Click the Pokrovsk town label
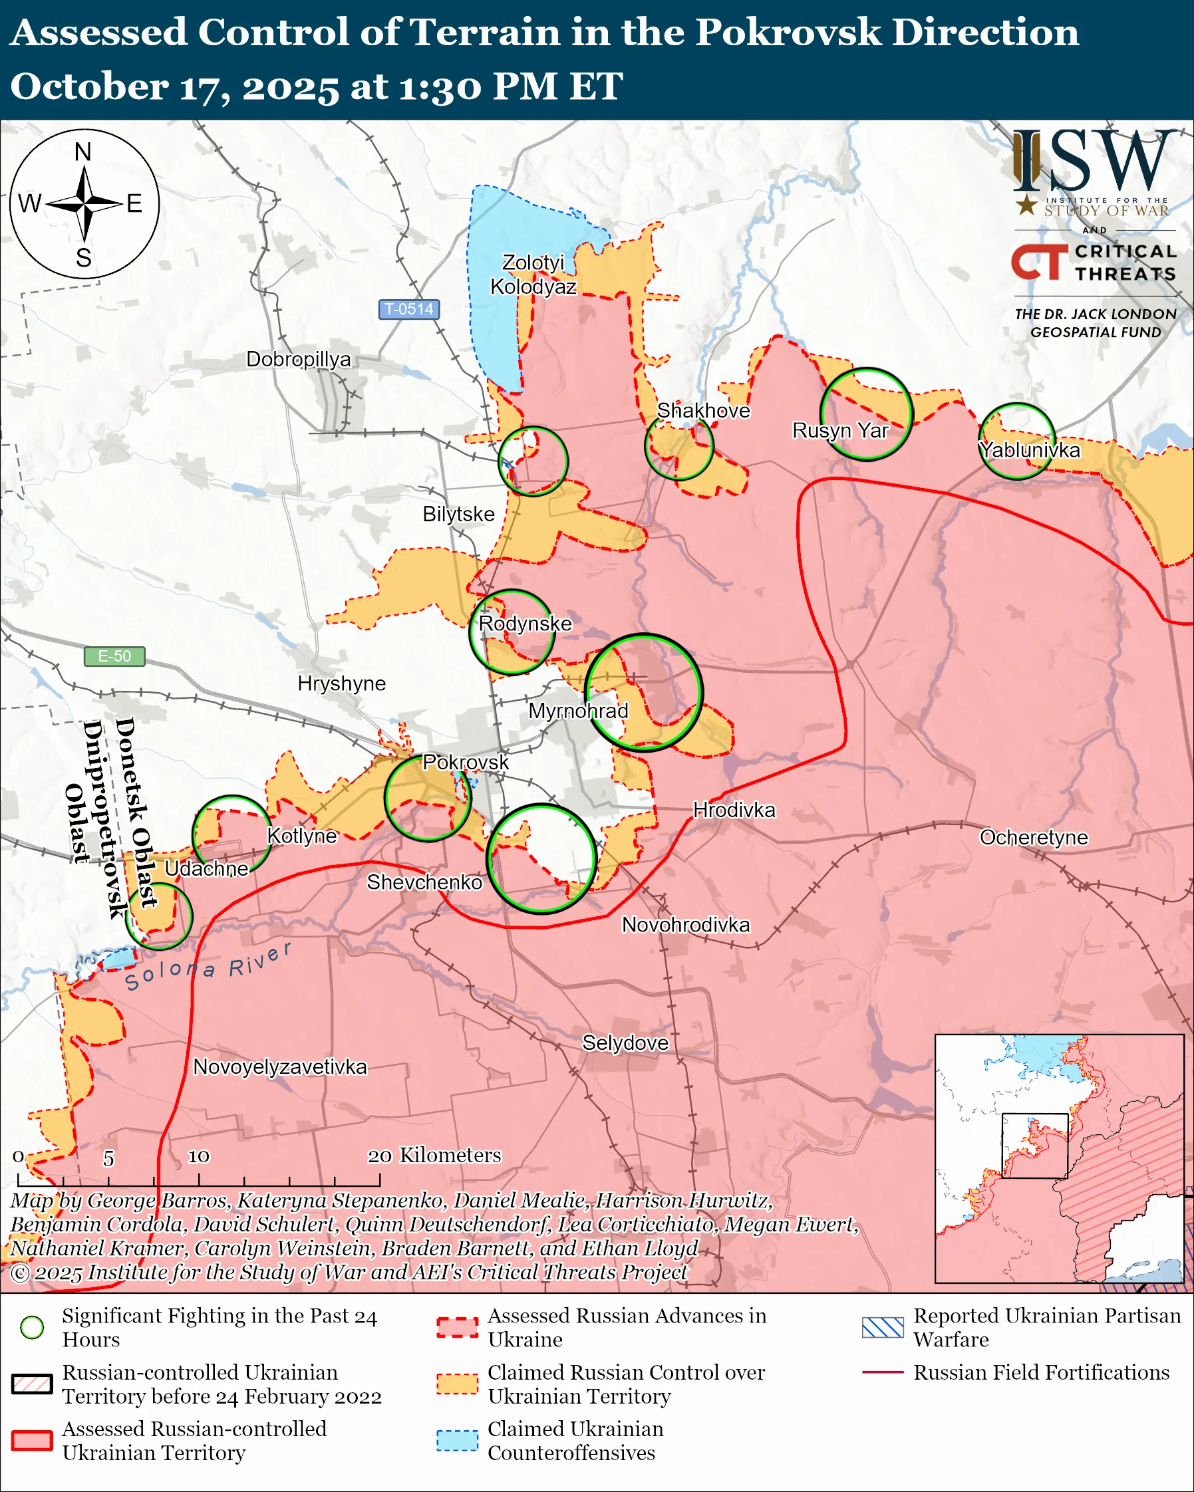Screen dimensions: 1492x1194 [465, 762]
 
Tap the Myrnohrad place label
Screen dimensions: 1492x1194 [578, 711]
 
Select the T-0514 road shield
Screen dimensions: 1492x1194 [408, 309]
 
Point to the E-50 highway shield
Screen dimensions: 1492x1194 [114, 656]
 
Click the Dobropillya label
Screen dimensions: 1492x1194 [298, 359]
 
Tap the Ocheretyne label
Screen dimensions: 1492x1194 [1034, 837]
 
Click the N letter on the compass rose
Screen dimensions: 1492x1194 [83, 152]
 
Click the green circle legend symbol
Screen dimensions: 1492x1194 [32, 1327]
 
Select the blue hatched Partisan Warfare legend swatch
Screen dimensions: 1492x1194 [883, 1327]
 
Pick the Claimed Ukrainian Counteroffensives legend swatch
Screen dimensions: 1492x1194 [457, 1440]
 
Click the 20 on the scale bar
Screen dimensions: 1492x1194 [380, 1156]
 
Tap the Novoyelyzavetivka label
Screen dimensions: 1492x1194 [279, 1066]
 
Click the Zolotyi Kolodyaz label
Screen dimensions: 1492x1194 [533, 274]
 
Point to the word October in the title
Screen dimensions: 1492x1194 [89, 86]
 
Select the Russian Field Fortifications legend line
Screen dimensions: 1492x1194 [883, 1372]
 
